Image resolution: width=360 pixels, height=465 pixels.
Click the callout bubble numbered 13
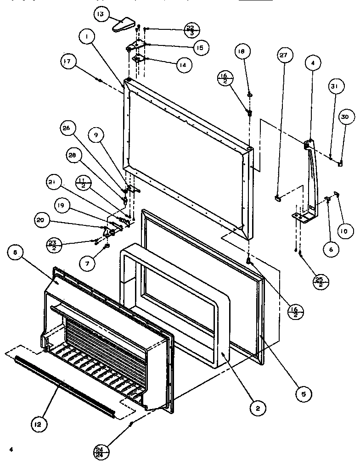(101, 14)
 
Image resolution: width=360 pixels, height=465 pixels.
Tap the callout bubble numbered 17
(68, 62)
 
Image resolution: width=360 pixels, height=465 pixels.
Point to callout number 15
(200, 47)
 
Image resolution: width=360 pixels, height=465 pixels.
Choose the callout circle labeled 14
(182, 65)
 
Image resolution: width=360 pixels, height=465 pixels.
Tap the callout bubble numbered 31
(334, 86)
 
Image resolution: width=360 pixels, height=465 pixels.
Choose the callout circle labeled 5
(304, 393)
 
